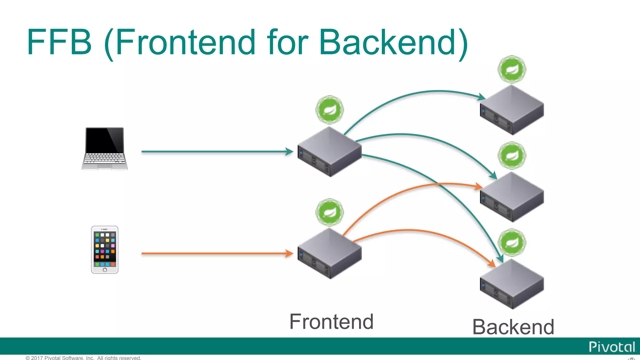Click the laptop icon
click(105, 148)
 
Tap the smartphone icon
click(105, 249)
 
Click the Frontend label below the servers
click(331, 322)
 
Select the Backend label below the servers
click(513, 327)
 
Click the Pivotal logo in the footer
click(612, 347)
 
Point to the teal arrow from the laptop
click(216, 152)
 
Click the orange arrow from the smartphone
click(216, 253)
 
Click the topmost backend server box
click(512, 110)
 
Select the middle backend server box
click(512, 197)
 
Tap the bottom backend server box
click(512, 284)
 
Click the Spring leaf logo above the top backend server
click(512, 69)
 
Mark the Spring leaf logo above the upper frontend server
click(329, 110)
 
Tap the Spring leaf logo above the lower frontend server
click(329, 212)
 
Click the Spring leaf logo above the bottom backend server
click(512, 243)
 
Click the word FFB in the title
click(59, 42)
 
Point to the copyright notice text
click(83, 357)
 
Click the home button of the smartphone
click(105, 270)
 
